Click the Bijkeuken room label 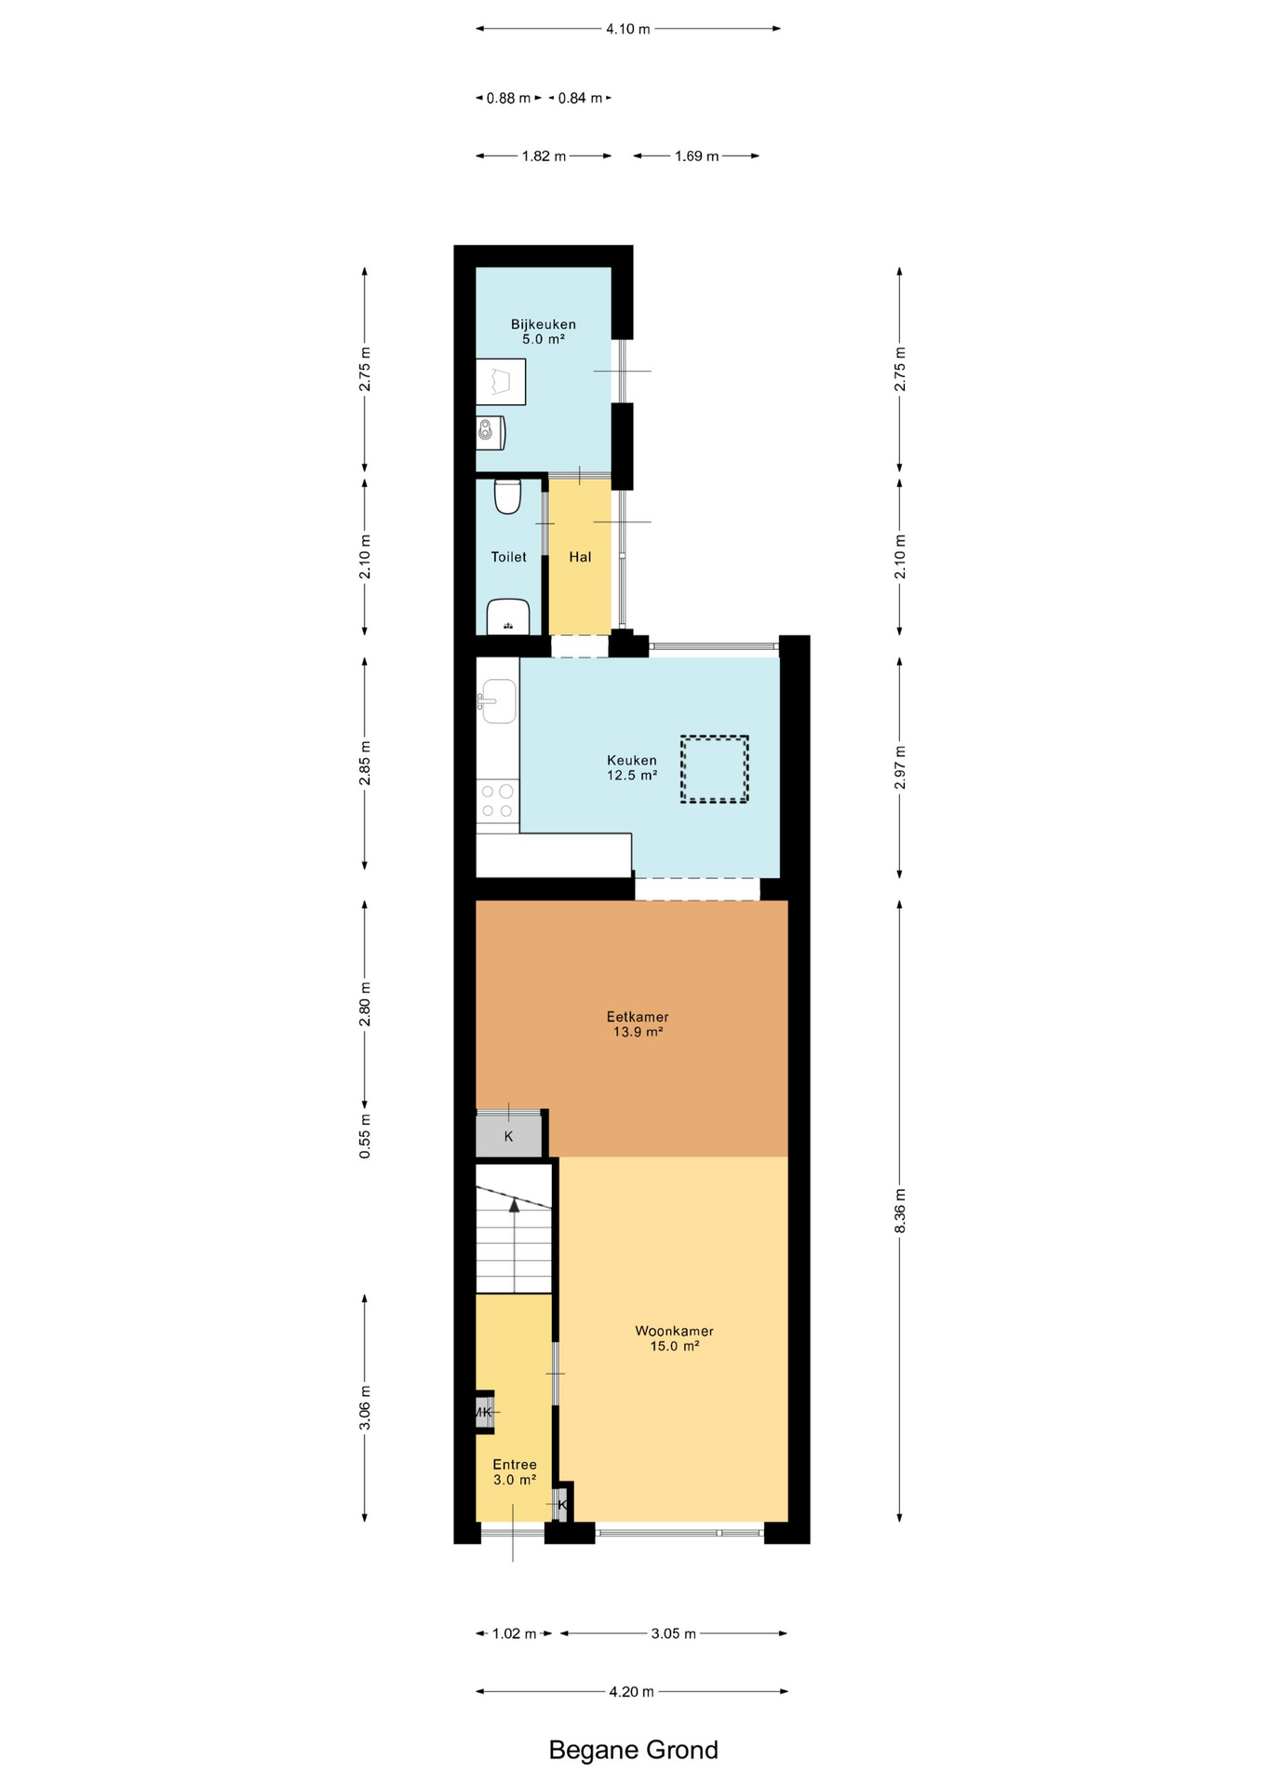coord(543,332)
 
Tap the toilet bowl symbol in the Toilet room coord(507,496)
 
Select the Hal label coord(580,557)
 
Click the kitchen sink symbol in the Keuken coord(498,701)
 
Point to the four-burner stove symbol coord(497,801)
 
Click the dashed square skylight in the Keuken coord(714,769)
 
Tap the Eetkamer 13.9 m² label coord(638,1024)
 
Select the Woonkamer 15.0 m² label coord(674,1338)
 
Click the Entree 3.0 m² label coord(515,1471)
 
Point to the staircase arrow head coord(514,1205)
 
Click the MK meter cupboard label coord(482,1412)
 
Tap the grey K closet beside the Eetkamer coord(509,1135)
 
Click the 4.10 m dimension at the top coord(628,29)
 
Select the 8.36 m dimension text coord(900,1212)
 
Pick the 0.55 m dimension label coord(365,1136)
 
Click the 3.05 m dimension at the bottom coord(674,1633)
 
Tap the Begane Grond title coord(633,1750)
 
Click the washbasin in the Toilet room coord(508,616)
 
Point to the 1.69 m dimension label coord(697,156)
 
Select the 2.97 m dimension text coord(900,767)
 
